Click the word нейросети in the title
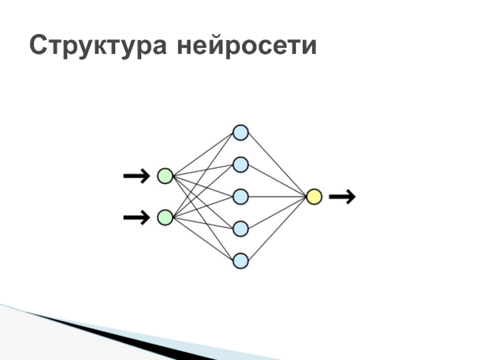[x=246, y=46]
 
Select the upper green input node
[x=165, y=176]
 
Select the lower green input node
[x=165, y=217]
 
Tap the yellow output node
[x=314, y=196]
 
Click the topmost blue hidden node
[x=240, y=132]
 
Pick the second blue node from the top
[x=240, y=164]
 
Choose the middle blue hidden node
[x=240, y=196]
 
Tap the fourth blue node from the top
[x=240, y=229]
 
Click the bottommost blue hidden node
[x=240, y=260]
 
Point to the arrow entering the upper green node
[x=136, y=176]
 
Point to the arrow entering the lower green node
[x=136, y=217]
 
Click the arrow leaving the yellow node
[x=343, y=196]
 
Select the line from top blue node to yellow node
[x=277, y=164]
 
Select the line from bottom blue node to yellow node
[x=277, y=228]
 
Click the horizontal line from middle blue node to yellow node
[x=277, y=196]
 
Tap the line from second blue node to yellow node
[x=277, y=180]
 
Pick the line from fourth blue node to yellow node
[x=277, y=212]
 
